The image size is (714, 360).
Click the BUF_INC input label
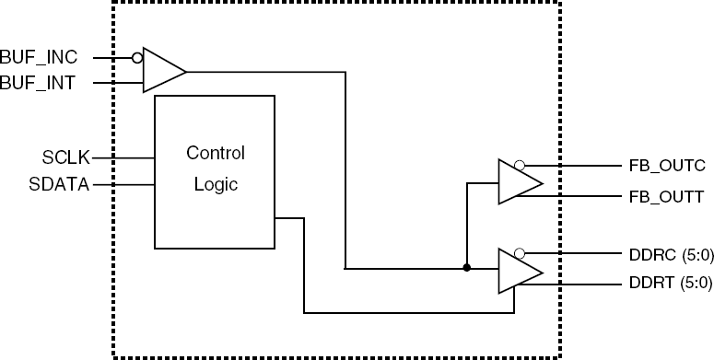coord(39,57)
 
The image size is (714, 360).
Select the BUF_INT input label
coord(38,83)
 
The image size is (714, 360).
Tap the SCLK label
coord(66,158)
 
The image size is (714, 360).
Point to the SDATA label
coord(59,184)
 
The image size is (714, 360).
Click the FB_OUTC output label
coord(667,166)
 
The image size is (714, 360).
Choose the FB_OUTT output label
coord(667,197)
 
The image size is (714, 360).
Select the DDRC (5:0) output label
coord(672,255)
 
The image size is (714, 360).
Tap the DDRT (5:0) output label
coord(671,283)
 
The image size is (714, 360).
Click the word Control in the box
coord(216,153)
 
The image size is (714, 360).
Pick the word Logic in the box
coord(216,184)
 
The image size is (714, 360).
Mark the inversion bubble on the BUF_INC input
coord(137,58)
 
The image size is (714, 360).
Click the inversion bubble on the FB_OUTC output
coord(519,166)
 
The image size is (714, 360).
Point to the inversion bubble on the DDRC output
coord(519,253)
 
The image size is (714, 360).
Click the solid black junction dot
coord(467,268)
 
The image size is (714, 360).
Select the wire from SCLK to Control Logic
coord(123,158)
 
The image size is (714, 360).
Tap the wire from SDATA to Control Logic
coord(123,185)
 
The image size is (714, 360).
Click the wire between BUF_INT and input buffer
coord(119,83)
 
